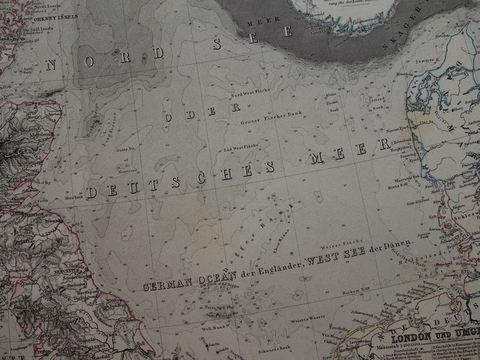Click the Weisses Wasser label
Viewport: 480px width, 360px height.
tap(307, 317)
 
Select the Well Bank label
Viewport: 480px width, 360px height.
tap(213, 329)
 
